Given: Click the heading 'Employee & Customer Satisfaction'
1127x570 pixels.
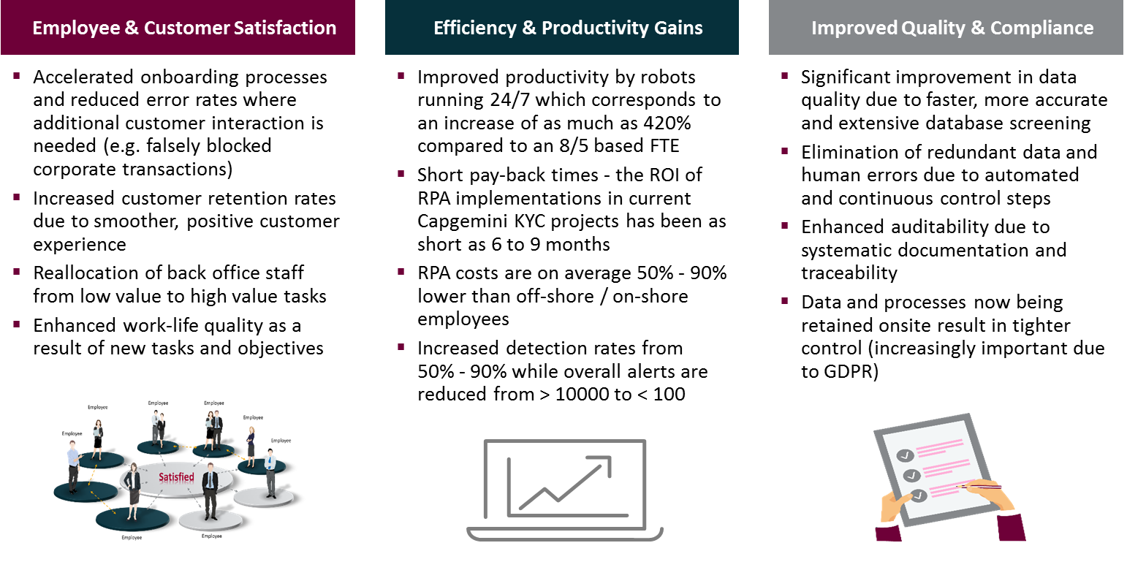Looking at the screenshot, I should pos(184,28).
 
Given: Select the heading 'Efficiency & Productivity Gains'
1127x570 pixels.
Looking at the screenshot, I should pos(568,28).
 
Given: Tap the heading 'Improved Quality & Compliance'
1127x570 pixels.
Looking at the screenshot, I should pos(952,28).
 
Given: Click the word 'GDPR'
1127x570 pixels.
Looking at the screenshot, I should pos(849,372).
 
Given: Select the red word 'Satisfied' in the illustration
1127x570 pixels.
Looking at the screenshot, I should pos(177,478).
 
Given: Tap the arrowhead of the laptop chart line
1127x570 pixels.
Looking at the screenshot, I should pos(602,463).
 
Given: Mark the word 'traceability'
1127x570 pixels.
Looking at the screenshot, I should pos(849,273).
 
